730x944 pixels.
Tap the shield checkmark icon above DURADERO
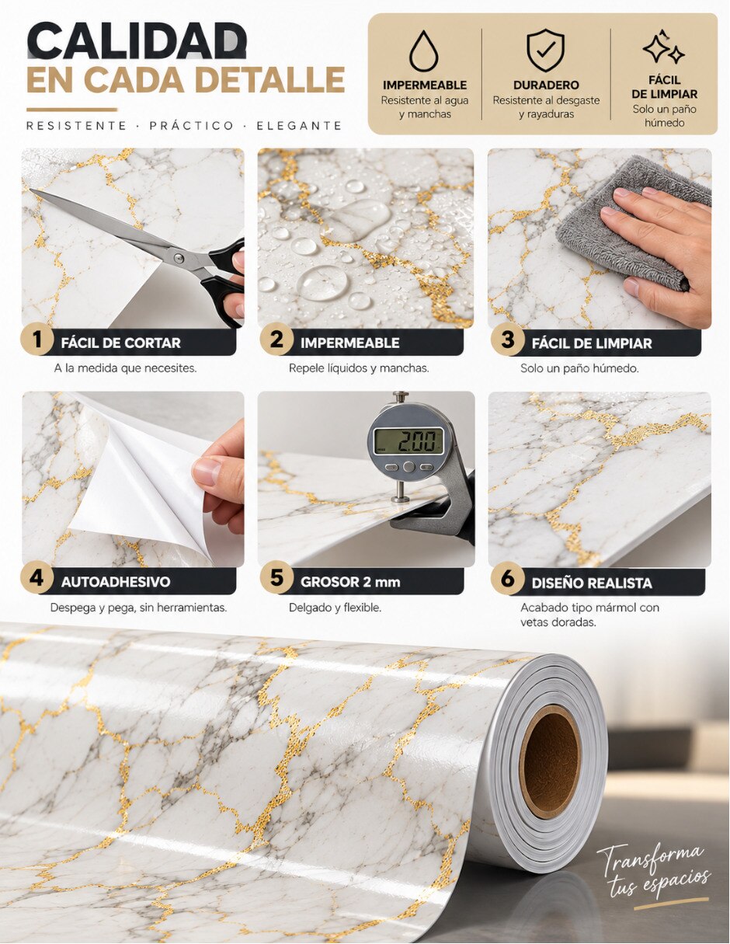pos(545,51)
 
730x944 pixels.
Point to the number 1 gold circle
pos(37,340)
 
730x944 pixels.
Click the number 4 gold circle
pos(37,578)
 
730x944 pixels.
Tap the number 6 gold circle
pos(507,579)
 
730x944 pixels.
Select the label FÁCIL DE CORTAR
pos(120,343)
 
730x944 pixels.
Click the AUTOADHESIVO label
pos(116,582)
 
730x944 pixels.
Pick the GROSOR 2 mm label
pos(350,582)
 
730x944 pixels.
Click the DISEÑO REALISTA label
pos(592,583)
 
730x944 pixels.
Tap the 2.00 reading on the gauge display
pos(417,442)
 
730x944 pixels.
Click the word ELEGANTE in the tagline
pos(299,126)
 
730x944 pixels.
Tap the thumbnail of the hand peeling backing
pos(133,479)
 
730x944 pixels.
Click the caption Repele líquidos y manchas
pos(359,368)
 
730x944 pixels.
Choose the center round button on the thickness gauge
pos(408,467)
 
